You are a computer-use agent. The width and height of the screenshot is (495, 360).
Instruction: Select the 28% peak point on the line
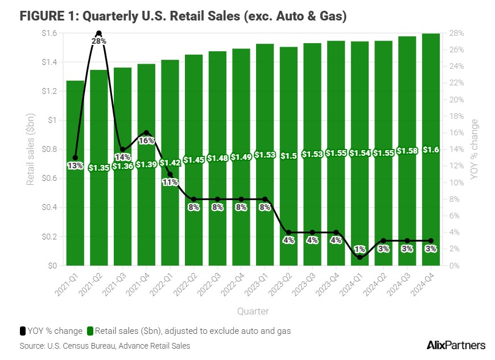99,34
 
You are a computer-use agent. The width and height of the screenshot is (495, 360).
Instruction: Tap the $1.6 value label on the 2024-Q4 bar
431,150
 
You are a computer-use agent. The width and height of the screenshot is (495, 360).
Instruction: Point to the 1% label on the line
360,249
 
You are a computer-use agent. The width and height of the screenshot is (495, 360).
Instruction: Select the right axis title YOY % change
475,150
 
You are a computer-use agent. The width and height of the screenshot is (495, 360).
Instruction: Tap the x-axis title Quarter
253,311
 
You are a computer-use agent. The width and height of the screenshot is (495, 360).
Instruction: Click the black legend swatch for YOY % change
23,331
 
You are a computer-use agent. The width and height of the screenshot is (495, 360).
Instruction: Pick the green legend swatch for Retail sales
89,331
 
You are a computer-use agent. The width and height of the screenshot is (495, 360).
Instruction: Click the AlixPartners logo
456,345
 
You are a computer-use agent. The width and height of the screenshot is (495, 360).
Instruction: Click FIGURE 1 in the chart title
48,16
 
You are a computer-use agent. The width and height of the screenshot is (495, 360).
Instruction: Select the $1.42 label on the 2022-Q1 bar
170,163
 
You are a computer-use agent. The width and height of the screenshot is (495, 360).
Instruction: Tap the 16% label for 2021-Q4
147,140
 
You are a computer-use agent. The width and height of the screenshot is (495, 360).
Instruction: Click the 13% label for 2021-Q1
75,166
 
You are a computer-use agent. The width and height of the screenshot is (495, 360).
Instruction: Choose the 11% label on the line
170,183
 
